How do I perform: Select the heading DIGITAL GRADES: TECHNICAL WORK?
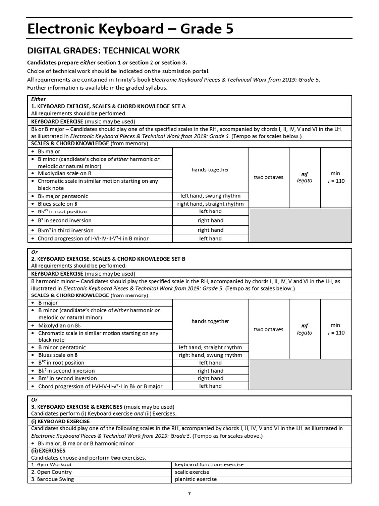coord(103,51)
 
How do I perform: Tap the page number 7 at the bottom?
coord(189,494)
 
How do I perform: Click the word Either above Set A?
coord(38,99)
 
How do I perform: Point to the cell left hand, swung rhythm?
coord(210,196)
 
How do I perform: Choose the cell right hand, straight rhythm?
coord(210,204)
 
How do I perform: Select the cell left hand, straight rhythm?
coord(210,347)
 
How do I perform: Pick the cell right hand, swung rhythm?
coord(210,355)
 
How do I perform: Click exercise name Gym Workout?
coord(51,464)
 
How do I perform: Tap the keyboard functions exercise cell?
coord(209,464)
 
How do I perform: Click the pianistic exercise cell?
coord(196,479)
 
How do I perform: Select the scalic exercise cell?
coord(192,472)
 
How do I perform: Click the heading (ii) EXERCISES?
coord(48,451)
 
